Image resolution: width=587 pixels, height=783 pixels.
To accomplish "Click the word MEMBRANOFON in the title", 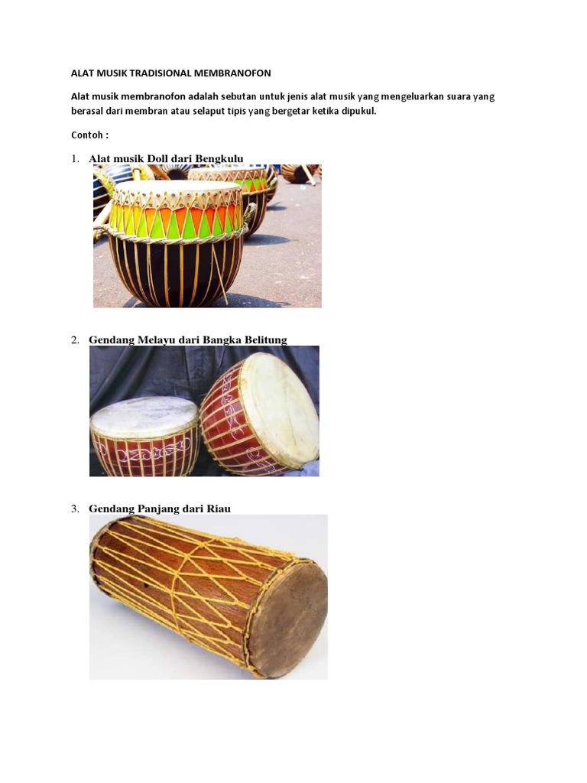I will [x=233, y=73].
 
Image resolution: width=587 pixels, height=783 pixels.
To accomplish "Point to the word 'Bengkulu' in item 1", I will [x=219, y=158].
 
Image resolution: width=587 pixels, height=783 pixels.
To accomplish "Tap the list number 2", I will [x=76, y=340].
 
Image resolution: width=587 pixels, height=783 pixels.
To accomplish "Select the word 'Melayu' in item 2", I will [x=155, y=340].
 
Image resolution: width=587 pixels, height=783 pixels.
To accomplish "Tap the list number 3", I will [x=76, y=508].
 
